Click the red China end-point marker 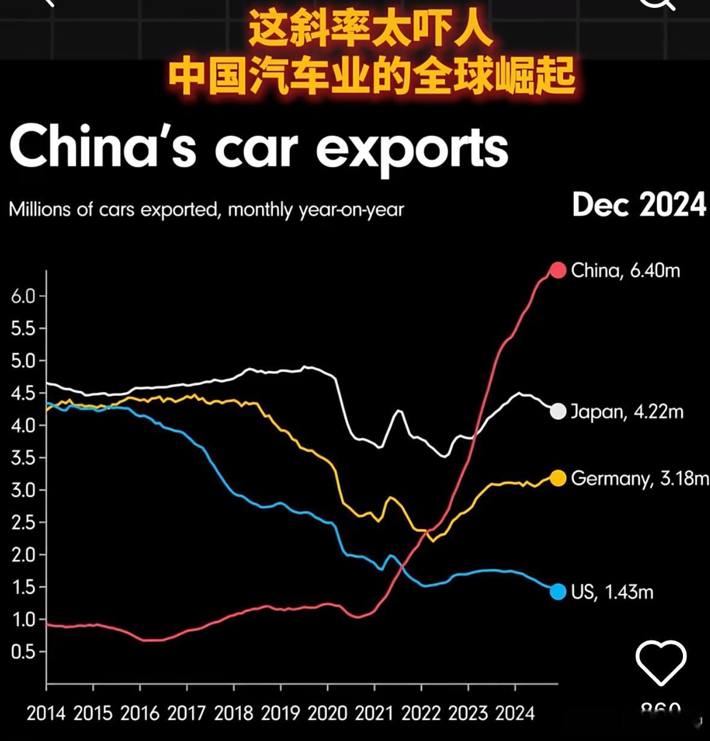tap(558, 270)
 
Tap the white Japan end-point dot tap(558, 411)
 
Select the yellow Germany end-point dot tap(558, 478)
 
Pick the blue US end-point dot tap(558, 592)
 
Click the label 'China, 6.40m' tap(625, 270)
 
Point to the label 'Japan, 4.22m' tap(626, 411)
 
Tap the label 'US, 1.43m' tap(612, 592)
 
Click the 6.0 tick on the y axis tap(23, 296)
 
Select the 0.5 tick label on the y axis tap(23, 652)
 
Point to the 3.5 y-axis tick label tap(23, 458)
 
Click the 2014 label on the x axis tap(46, 713)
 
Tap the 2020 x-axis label tap(327, 713)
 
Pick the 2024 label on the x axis tap(514, 713)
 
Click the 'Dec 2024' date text tap(639, 205)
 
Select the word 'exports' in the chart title tap(412, 148)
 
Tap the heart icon tap(661, 663)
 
